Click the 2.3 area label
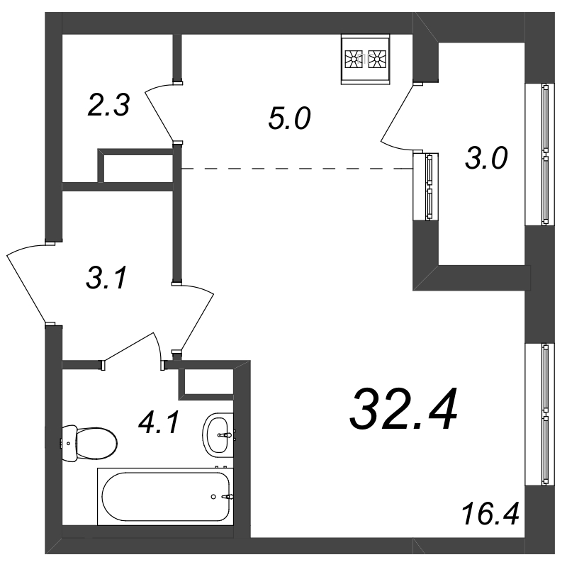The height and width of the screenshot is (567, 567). coord(108,105)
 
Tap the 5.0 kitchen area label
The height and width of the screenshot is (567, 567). coord(289,118)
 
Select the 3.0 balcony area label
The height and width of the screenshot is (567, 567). coord(486,158)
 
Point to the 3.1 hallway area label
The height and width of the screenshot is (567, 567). coord(107,278)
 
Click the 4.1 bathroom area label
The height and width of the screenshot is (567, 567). coord(159,423)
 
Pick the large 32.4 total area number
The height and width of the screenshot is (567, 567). coord(403,409)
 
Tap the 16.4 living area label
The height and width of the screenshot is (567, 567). coord(490,514)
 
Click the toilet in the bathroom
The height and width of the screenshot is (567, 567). coord(89,444)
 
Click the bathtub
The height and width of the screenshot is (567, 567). coord(165,496)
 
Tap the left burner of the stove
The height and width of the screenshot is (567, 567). coord(353,59)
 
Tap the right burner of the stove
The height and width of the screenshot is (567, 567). coord(377,59)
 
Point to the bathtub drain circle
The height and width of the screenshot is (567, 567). coord(213,497)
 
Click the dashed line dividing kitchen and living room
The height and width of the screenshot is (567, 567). coord(297,169)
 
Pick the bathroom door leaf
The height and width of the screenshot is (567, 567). coord(129,347)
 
